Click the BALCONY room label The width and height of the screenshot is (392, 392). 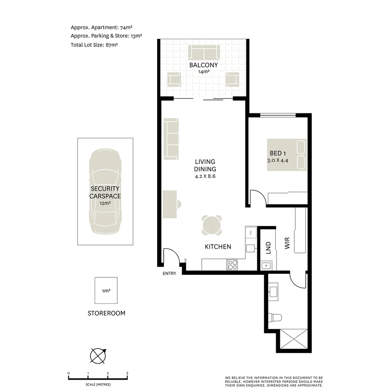tap(203, 65)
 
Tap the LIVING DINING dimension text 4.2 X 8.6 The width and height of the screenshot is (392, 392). tap(205, 176)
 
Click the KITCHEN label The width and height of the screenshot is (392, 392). tap(218, 247)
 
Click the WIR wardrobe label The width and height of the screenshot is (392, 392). tap(287, 243)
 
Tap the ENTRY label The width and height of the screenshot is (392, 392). tap(170, 273)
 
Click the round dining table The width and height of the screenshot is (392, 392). tap(212, 225)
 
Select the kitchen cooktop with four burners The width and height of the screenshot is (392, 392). tap(232, 265)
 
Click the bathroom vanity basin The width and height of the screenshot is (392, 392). tap(273, 291)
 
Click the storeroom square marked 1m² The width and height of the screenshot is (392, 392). tap(106, 290)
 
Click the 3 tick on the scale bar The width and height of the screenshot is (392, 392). tap(127, 373)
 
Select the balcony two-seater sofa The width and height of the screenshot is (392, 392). tap(204, 53)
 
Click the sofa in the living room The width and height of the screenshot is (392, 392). tap(171, 139)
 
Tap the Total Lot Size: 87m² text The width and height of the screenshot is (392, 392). tap(94, 45)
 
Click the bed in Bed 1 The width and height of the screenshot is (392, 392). tap(287, 155)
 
